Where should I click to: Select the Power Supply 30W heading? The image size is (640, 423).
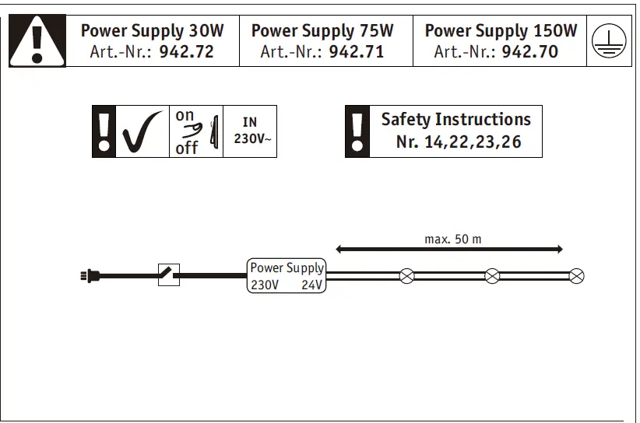[152, 31]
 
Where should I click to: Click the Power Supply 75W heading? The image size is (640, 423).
[322, 31]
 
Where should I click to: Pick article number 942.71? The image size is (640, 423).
[356, 53]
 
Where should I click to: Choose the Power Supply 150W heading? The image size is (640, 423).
[501, 31]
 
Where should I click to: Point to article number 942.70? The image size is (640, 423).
[529, 53]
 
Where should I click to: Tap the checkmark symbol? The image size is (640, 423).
[142, 132]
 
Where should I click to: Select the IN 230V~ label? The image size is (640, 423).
[249, 131]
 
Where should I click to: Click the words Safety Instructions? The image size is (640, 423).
[455, 120]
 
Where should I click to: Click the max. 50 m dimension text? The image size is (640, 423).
[452, 239]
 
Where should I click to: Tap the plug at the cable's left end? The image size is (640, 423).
[90, 275]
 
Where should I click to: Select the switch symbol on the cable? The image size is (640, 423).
[169, 275]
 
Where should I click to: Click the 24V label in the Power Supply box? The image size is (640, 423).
[312, 285]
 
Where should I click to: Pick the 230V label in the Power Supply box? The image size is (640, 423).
[264, 285]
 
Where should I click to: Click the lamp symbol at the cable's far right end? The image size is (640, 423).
[576, 276]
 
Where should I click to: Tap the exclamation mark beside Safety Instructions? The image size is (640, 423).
[357, 131]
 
